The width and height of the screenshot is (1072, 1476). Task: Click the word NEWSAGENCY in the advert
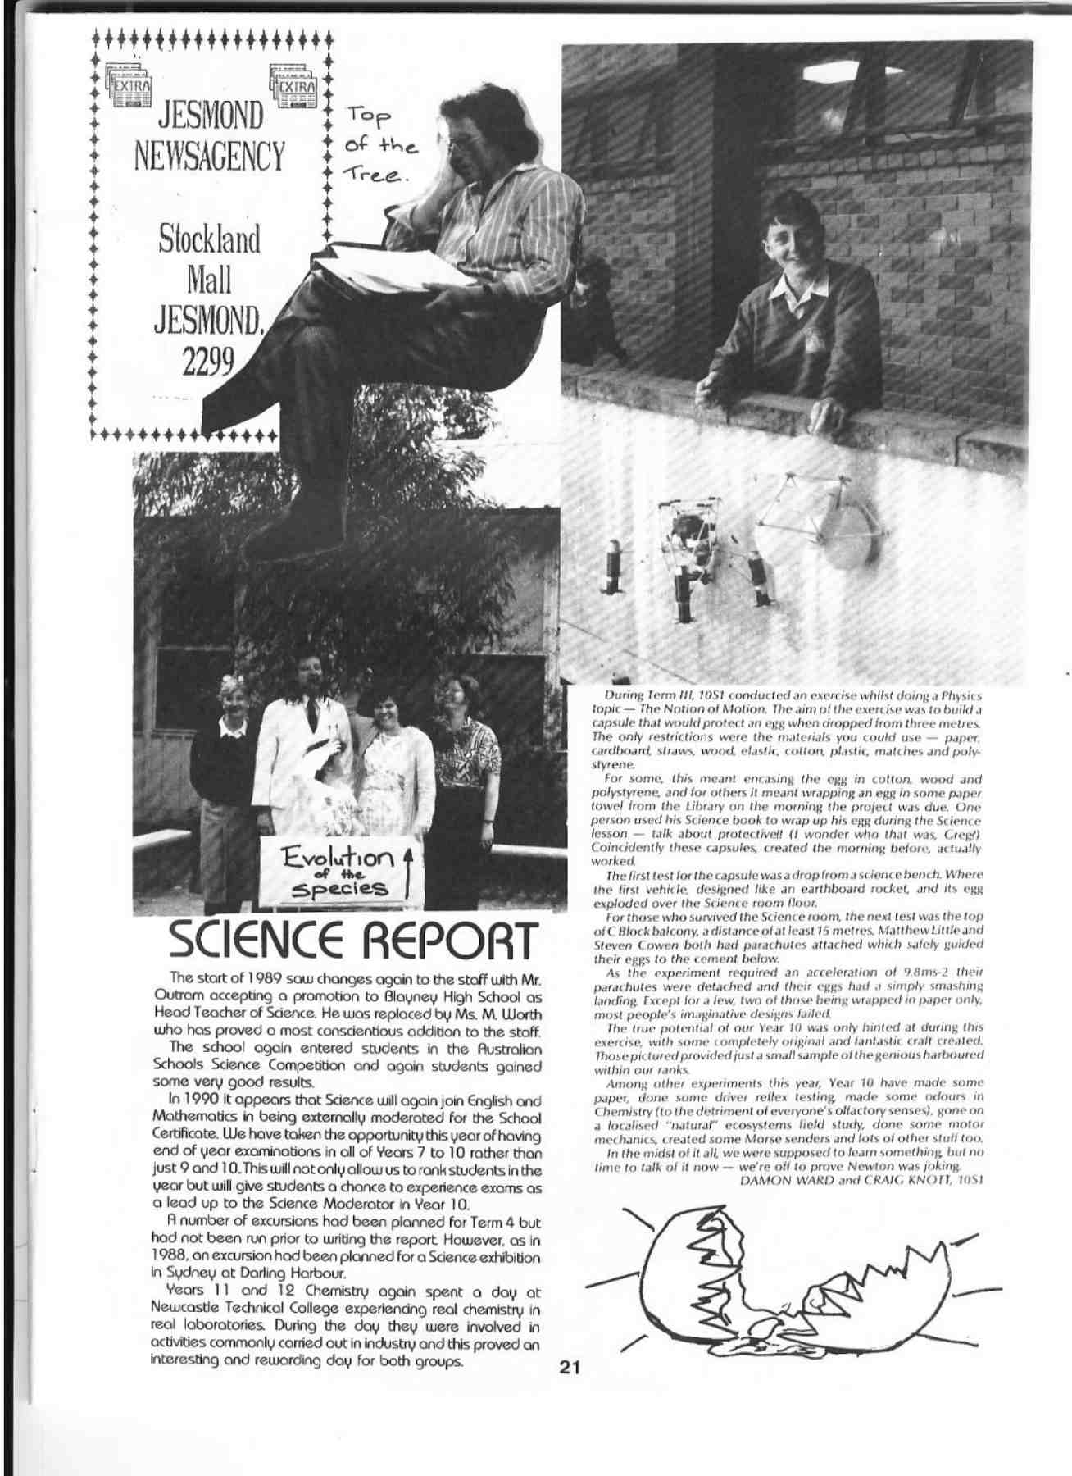tap(211, 155)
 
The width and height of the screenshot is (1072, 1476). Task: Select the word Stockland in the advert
tap(210, 241)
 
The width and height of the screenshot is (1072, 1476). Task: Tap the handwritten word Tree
tap(376, 176)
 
